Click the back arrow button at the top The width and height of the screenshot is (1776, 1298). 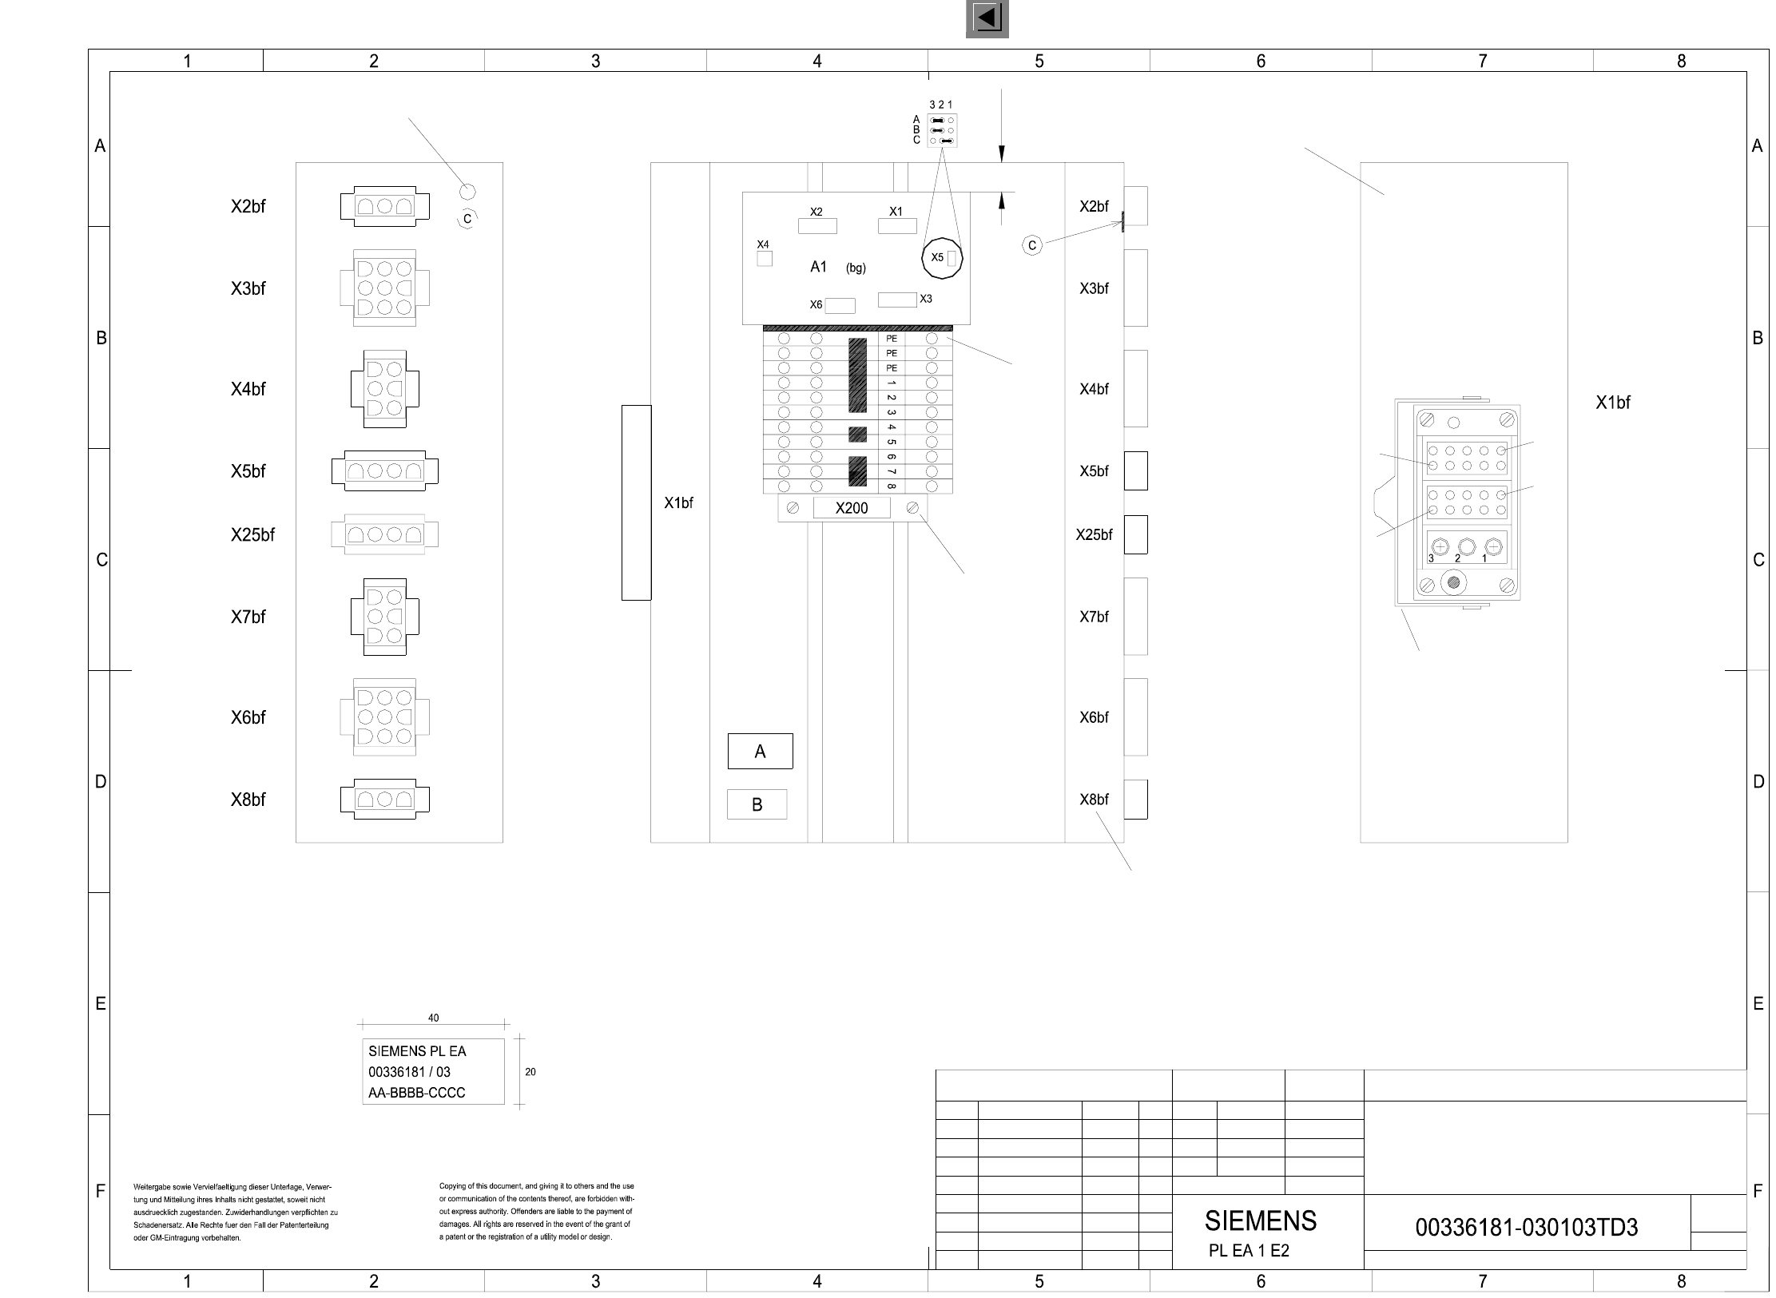click(x=987, y=18)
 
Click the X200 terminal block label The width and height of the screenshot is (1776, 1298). click(x=852, y=508)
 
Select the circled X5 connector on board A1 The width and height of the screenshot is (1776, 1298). click(x=942, y=258)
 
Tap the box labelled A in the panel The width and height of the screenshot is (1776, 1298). click(x=760, y=751)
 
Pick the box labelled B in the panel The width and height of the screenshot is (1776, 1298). click(x=757, y=804)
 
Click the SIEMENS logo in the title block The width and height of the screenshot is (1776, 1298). click(x=1261, y=1221)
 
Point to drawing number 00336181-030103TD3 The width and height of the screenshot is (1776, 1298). click(x=1527, y=1227)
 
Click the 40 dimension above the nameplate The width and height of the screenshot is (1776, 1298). click(x=434, y=1018)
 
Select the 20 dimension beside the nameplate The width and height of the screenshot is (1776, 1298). click(x=530, y=1072)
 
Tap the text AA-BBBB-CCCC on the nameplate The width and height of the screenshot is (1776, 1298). click(x=416, y=1093)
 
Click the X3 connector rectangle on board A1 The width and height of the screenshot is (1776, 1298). click(x=897, y=300)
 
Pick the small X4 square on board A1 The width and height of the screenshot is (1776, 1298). click(x=765, y=259)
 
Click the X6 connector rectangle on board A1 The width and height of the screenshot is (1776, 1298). click(x=840, y=306)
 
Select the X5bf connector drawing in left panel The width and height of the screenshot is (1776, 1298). click(x=385, y=470)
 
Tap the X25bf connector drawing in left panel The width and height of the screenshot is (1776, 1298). click(x=385, y=534)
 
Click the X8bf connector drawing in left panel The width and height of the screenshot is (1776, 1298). click(x=385, y=799)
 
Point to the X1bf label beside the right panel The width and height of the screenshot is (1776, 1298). click(x=1613, y=403)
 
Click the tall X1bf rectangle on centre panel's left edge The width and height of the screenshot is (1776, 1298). click(x=636, y=502)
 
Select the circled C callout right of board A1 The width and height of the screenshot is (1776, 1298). click(x=1032, y=245)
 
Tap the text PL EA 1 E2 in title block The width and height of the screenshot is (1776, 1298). click(x=1249, y=1251)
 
